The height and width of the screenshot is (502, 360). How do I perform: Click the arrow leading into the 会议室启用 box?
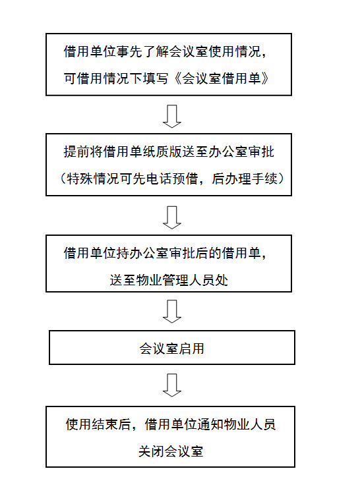coord(172,311)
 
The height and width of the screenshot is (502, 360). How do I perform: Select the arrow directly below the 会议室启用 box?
coord(172,385)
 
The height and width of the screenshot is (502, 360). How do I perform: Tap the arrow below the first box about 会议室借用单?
coord(172,116)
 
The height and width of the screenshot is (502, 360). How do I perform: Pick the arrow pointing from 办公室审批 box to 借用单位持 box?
coord(172,217)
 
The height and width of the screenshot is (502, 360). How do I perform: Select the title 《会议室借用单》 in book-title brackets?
coord(222,78)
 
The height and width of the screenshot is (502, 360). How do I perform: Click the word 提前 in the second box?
coord(77,152)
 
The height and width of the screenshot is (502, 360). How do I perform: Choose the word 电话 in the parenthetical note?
coord(158,179)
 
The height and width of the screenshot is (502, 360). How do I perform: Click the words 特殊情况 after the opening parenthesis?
coord(93,179)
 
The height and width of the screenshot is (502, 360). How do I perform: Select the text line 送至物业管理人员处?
coord(169,280)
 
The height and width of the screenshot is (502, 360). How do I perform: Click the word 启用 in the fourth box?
coord(191,349)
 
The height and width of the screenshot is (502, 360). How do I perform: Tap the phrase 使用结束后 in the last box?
coord(98,424)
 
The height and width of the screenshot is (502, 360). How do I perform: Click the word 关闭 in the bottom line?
coord(151,451)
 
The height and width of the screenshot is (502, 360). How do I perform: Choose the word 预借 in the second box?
coord(185,179)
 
